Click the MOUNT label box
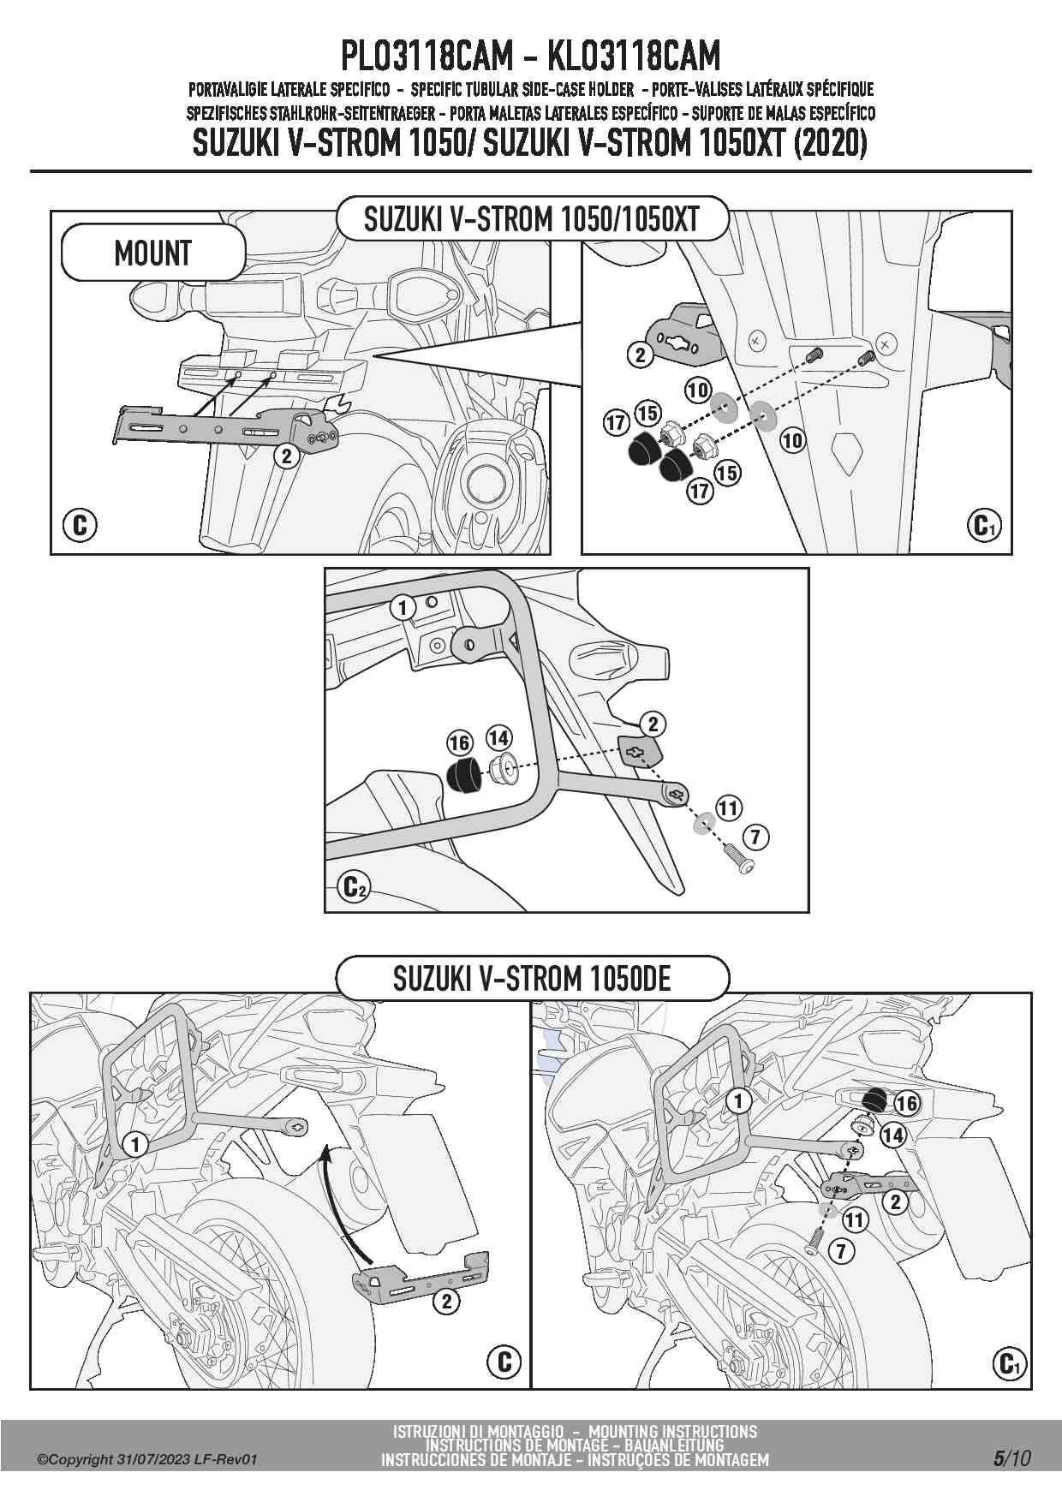coord(152,253)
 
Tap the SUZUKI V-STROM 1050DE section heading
coord(532,978)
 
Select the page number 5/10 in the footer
coord(1011,1458)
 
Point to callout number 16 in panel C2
coord(460,742)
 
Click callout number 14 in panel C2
coord(498,737)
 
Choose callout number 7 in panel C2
coord(755,836)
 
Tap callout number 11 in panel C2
coord(728,808)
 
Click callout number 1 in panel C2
coord(403,608)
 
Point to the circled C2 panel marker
coord(354,886)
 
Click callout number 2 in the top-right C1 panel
coord(640,354)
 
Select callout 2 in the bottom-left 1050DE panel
coord(446,1302)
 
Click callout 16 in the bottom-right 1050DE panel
coord(906,1103)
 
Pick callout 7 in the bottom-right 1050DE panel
coord(841,1251)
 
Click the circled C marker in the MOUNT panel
coord(80,524)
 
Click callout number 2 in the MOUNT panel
coord(287,456)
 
